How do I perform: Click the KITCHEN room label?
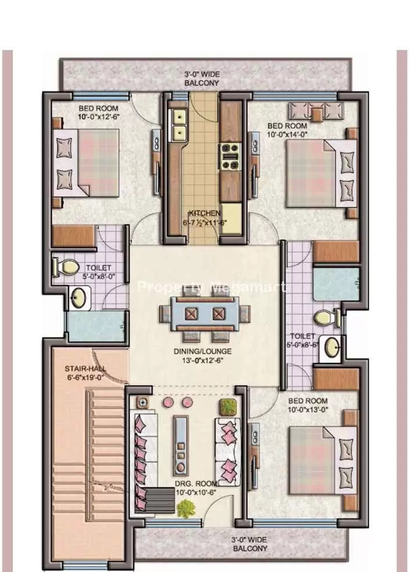point(204,213)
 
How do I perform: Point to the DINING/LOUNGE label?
point(202,351)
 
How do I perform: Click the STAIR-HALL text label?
point(82,368)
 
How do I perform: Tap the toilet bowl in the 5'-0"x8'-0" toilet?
point(66,267)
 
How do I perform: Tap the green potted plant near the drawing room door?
point(185,509)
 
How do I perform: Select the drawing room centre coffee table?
point(181,445)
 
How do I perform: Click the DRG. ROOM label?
point(197,483)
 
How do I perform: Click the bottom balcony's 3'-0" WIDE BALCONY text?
point(251,544)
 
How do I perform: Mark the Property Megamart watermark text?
point(210,287)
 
